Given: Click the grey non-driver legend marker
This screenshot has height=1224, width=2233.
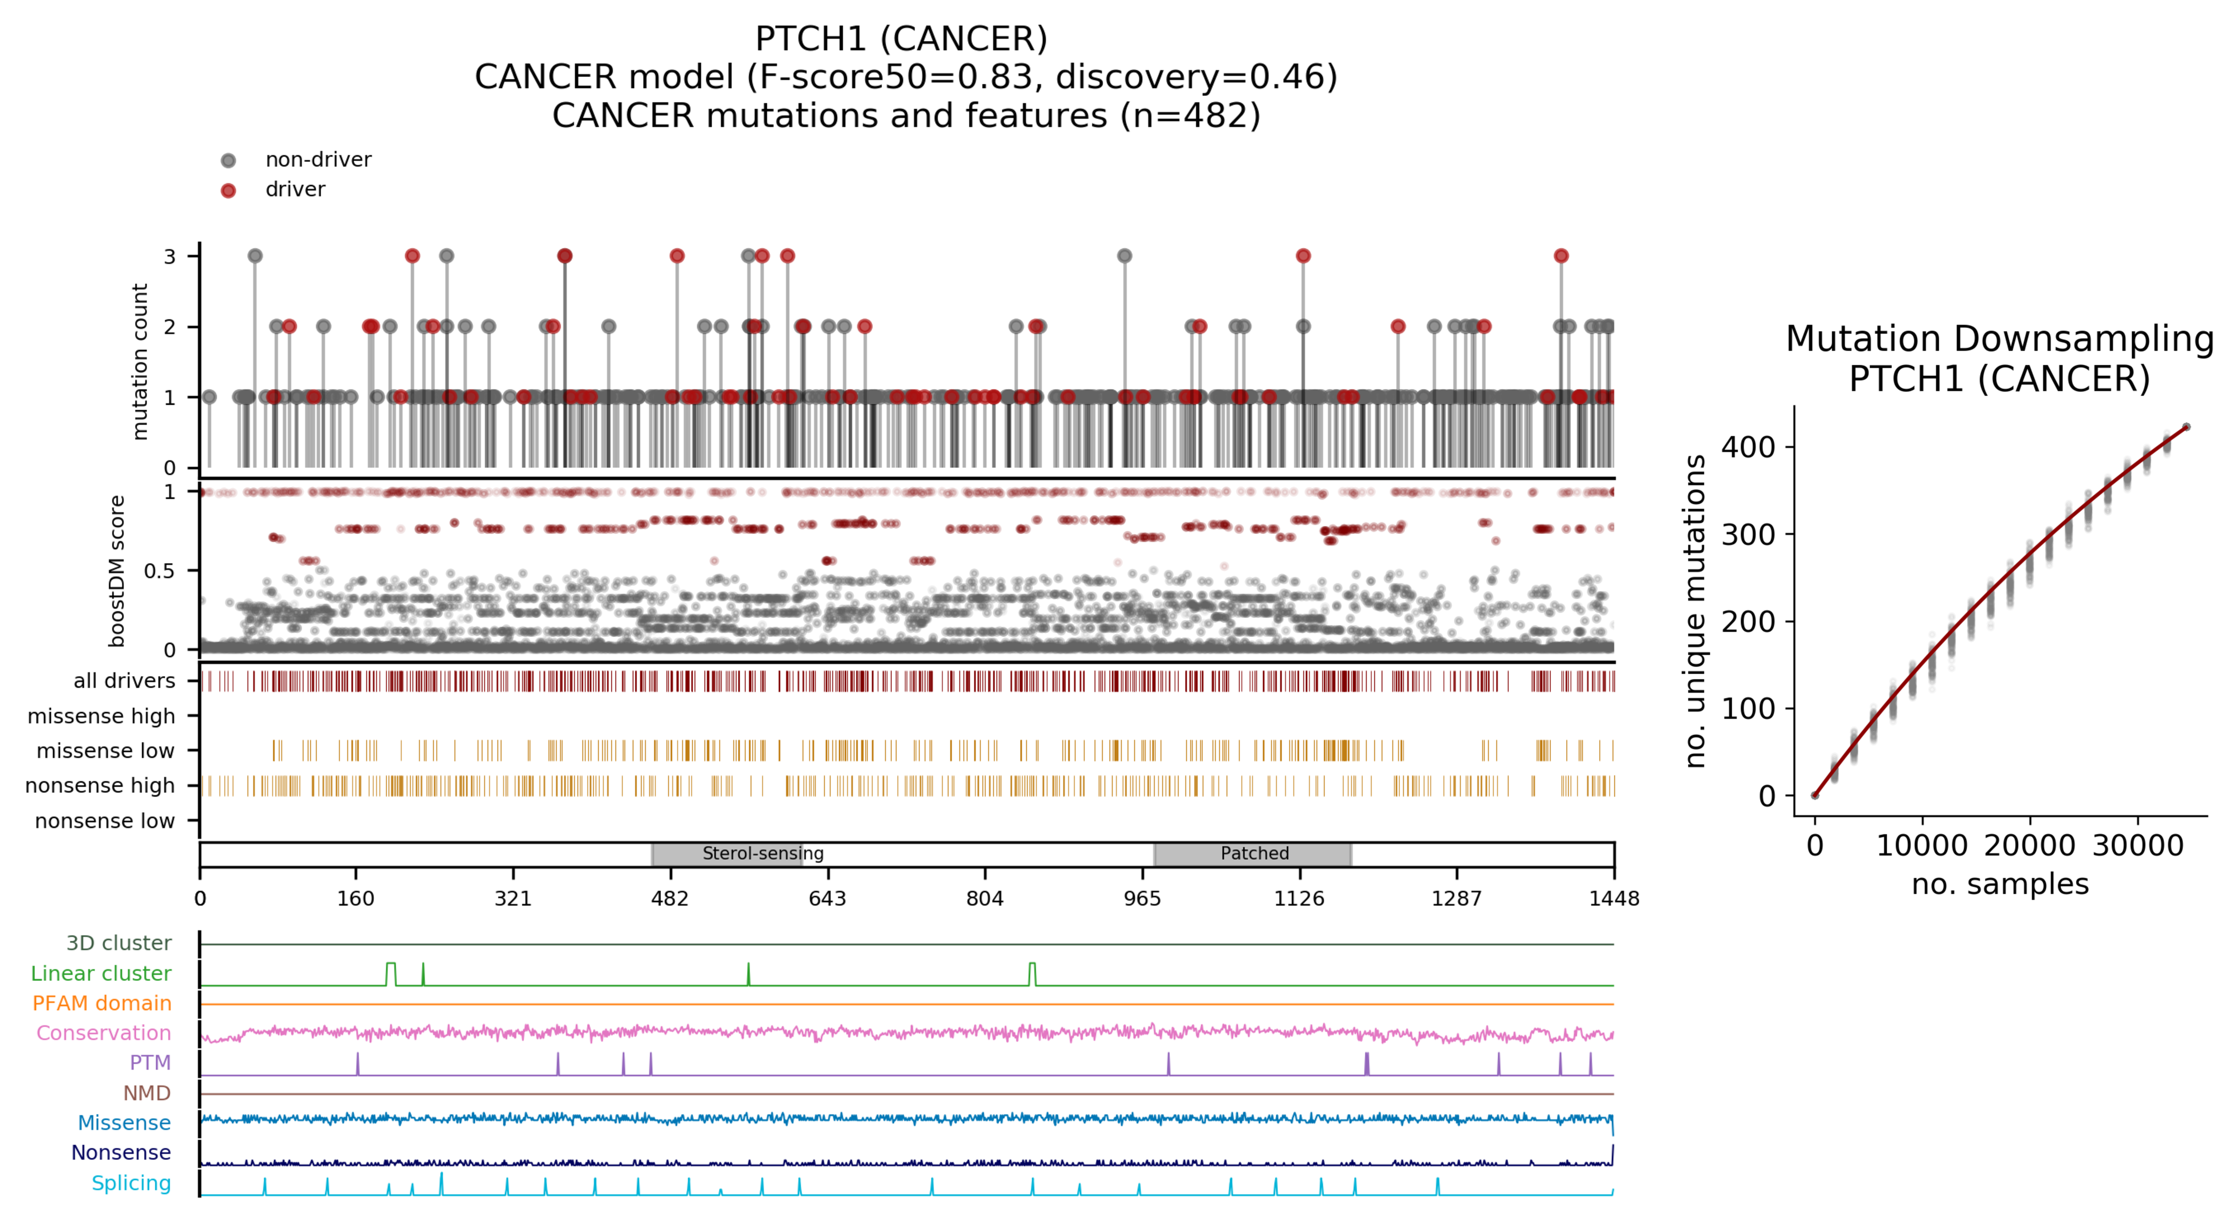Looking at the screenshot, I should [x=228, y=160].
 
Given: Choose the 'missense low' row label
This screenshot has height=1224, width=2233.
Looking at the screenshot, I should [x=105, y=751].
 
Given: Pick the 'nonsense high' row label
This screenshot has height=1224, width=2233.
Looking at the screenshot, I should [x=100, y=785].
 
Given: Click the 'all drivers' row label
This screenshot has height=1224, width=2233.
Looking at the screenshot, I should [x=124, y=680].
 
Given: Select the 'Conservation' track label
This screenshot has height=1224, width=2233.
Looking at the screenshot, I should [x=103, y=1033].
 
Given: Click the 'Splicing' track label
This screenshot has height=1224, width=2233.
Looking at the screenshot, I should [x=131, y=1183].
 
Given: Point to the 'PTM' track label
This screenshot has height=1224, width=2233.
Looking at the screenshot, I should [x=150, y=1063].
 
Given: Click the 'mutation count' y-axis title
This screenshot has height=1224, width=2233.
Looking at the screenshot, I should [x=139, y=361].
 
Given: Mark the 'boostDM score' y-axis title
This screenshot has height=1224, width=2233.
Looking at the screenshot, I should [x=117, y=571].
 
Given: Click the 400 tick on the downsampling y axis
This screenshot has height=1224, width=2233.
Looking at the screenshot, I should [x=1747, y=447].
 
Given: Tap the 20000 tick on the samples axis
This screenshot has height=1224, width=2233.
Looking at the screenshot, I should [x=2029, y=845].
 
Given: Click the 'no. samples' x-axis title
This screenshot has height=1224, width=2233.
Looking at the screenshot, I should [x=2000, y=884].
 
